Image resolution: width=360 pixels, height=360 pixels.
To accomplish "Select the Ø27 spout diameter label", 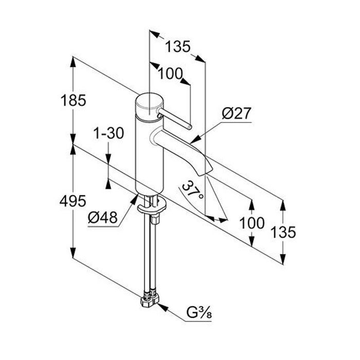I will pos(237,113).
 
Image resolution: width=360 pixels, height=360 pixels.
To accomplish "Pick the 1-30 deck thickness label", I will pos(109,134).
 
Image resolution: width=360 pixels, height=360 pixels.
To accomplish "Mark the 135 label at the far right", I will pos(284,232).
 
